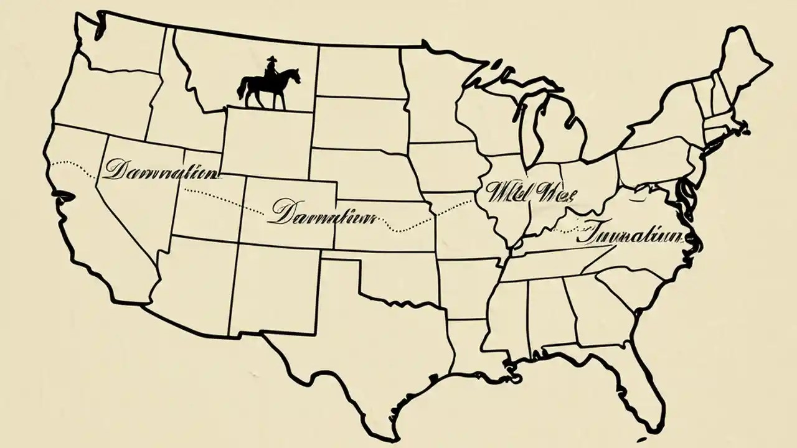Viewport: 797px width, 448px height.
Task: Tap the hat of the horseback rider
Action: [271, 60]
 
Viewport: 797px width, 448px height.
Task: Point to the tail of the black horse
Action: [241, 88]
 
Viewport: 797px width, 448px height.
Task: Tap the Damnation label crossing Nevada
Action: [161, 169]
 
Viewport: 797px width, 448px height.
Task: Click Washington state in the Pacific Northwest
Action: [118, 47]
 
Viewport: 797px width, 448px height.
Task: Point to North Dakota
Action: [358, 72]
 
